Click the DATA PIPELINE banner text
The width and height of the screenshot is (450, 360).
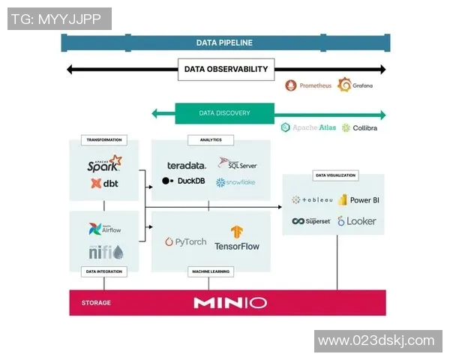click(x=224, y=43)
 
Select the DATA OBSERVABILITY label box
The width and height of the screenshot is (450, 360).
click(x=226, y=69)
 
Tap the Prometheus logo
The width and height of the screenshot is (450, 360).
click(x=308, y=85)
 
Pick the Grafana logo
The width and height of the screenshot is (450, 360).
click(x=355, y=85)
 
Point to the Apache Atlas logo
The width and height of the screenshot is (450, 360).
click(x=309, y=127)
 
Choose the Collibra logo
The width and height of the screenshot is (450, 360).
click(x=359, y=127)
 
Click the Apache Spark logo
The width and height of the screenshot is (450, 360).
click(x=104, y=163)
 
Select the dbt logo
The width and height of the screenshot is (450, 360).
click(x=104, y=183)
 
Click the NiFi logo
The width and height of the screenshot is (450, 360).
click(x=105, y=253)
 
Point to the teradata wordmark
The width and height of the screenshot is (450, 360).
click(x=186, y=165)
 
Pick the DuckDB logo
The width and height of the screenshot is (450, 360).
click(x=184, y=181)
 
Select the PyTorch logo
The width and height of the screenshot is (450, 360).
click(x=185, y=242)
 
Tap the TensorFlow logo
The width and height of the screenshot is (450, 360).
click(x=236, y=238)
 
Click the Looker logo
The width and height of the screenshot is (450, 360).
click(x=356, y=221)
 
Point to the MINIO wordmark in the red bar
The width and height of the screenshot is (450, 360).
click(x=229, y=303)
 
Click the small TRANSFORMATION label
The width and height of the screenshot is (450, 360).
click(x=104, y=139)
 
